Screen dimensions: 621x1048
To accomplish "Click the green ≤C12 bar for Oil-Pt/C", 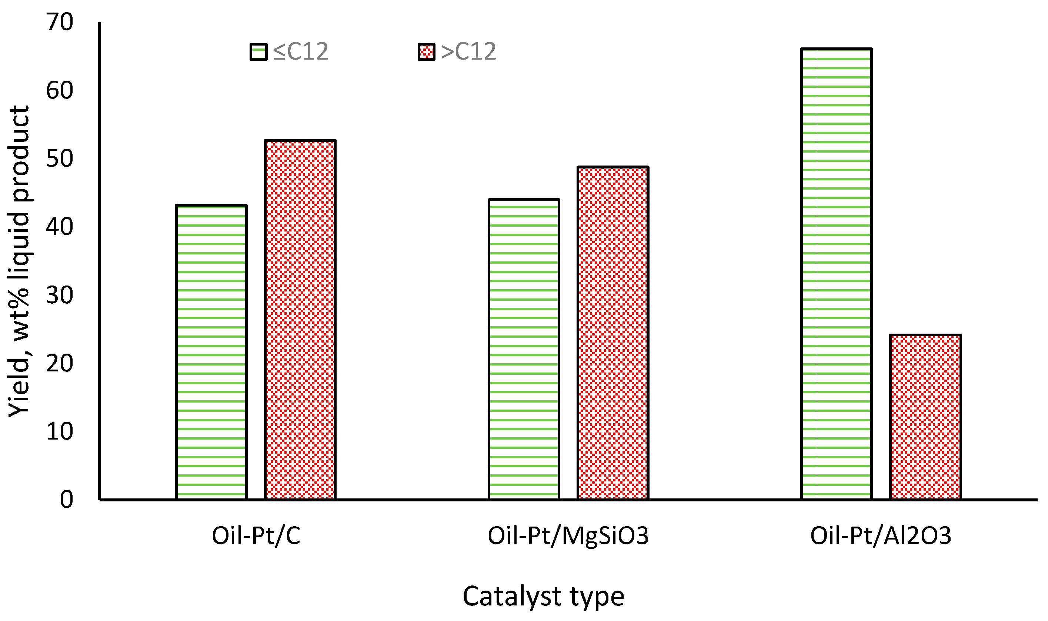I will (211, 353).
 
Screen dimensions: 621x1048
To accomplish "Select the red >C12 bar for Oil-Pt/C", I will (300, 320).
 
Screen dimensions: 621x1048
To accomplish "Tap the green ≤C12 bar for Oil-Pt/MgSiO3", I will (524, 350).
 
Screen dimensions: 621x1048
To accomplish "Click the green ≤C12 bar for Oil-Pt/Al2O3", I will (836, 274).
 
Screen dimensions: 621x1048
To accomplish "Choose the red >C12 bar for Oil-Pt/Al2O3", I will (925, 417).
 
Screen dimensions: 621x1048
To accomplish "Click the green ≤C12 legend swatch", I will (258, 52).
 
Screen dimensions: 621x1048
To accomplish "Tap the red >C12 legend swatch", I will (426, 52).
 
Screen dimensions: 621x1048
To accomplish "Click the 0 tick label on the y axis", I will (66, 499).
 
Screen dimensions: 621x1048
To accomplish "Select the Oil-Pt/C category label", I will (256, 535).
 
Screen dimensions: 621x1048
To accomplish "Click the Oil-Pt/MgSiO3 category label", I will (568, 535).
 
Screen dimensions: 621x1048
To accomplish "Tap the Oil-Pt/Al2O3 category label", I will (881, 535).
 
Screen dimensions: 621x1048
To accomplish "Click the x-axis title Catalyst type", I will (543, 596).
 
